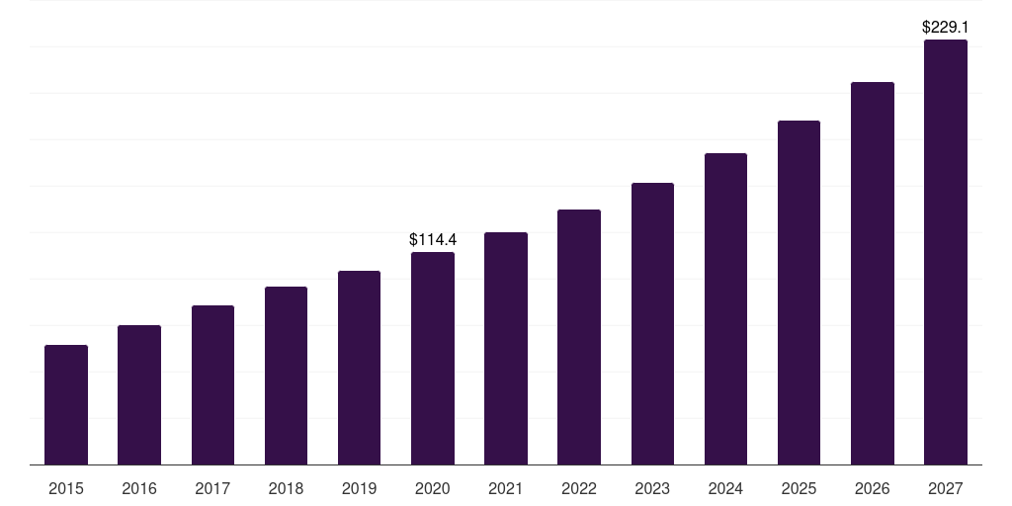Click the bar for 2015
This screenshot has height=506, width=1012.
click(66, 405)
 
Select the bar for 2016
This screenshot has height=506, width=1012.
click(139, 395)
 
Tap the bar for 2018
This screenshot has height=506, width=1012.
click(286, 376)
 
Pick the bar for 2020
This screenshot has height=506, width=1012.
click(433, 359)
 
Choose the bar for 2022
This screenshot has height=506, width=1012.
click(579, 337)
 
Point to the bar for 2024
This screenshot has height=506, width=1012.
click(725, 309)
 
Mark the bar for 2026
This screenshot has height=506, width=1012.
click(873, 274)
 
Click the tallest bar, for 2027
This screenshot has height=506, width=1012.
click(946, 252)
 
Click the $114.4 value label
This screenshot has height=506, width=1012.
click(433, 240)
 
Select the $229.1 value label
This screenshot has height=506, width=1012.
click(946, 28)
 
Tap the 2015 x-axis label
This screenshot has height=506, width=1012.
click(66, 488)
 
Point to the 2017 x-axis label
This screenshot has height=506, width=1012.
click(212, 488)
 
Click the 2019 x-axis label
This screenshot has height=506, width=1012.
click(360, 488)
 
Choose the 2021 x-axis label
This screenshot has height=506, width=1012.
click(506, 488)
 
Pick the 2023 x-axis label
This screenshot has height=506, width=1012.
click(652, 488)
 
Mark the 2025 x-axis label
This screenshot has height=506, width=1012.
click(799, 488)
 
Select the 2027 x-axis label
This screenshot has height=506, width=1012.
click(946, 488)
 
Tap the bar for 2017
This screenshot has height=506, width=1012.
click(212, 385)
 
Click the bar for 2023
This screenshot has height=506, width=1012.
click(652, 324)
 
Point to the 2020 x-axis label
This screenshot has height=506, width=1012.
click(433, 488)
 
